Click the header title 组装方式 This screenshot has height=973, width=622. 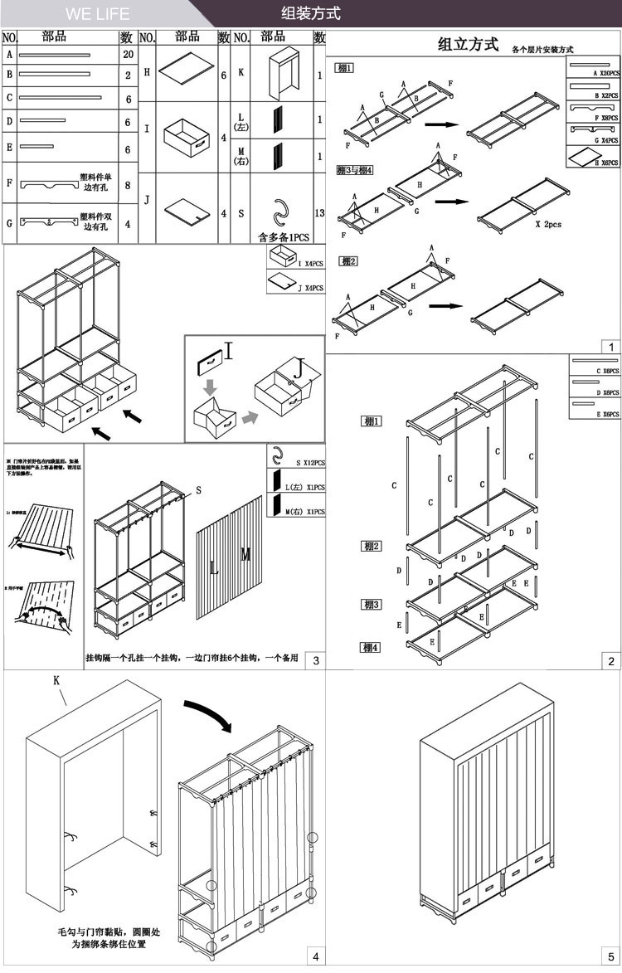point(311,14)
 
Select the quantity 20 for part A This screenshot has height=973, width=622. point(127,55)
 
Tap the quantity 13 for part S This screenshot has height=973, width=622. point(319,213)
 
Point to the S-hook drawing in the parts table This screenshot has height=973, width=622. point(282,212)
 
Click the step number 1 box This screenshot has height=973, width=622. point(610,348)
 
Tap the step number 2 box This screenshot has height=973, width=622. point(610,661)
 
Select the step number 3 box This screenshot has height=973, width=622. point(316,660)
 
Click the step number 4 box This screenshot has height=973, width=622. point(316,956)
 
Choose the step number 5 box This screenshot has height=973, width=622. point(610,956)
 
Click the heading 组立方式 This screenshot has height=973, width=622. point(468,44)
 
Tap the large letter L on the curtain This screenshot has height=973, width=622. point(214,568)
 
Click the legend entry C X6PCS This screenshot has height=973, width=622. point(595,369)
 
